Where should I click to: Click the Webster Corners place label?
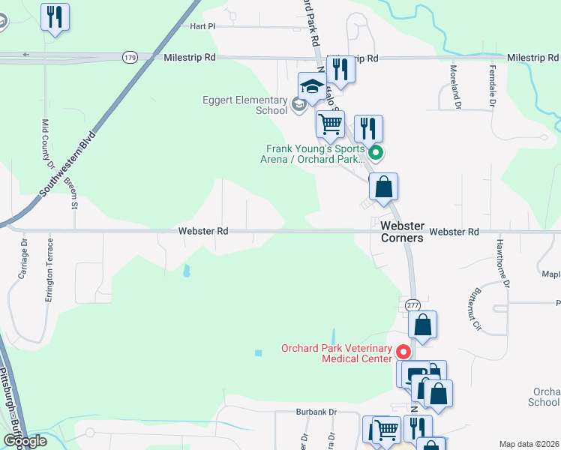click(403, 232)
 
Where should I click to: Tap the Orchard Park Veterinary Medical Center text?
click(337, 353)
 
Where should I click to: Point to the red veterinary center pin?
click(403, 350)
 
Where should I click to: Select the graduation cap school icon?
click(311, 85)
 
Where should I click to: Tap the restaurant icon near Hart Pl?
click(55, 16)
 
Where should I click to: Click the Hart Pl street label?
click(202, 25)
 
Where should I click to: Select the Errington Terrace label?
click(49, 269)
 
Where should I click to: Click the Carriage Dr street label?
click(22, 258)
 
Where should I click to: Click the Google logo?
click(25, 442)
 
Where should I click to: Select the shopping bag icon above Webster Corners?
click(383, 187)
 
